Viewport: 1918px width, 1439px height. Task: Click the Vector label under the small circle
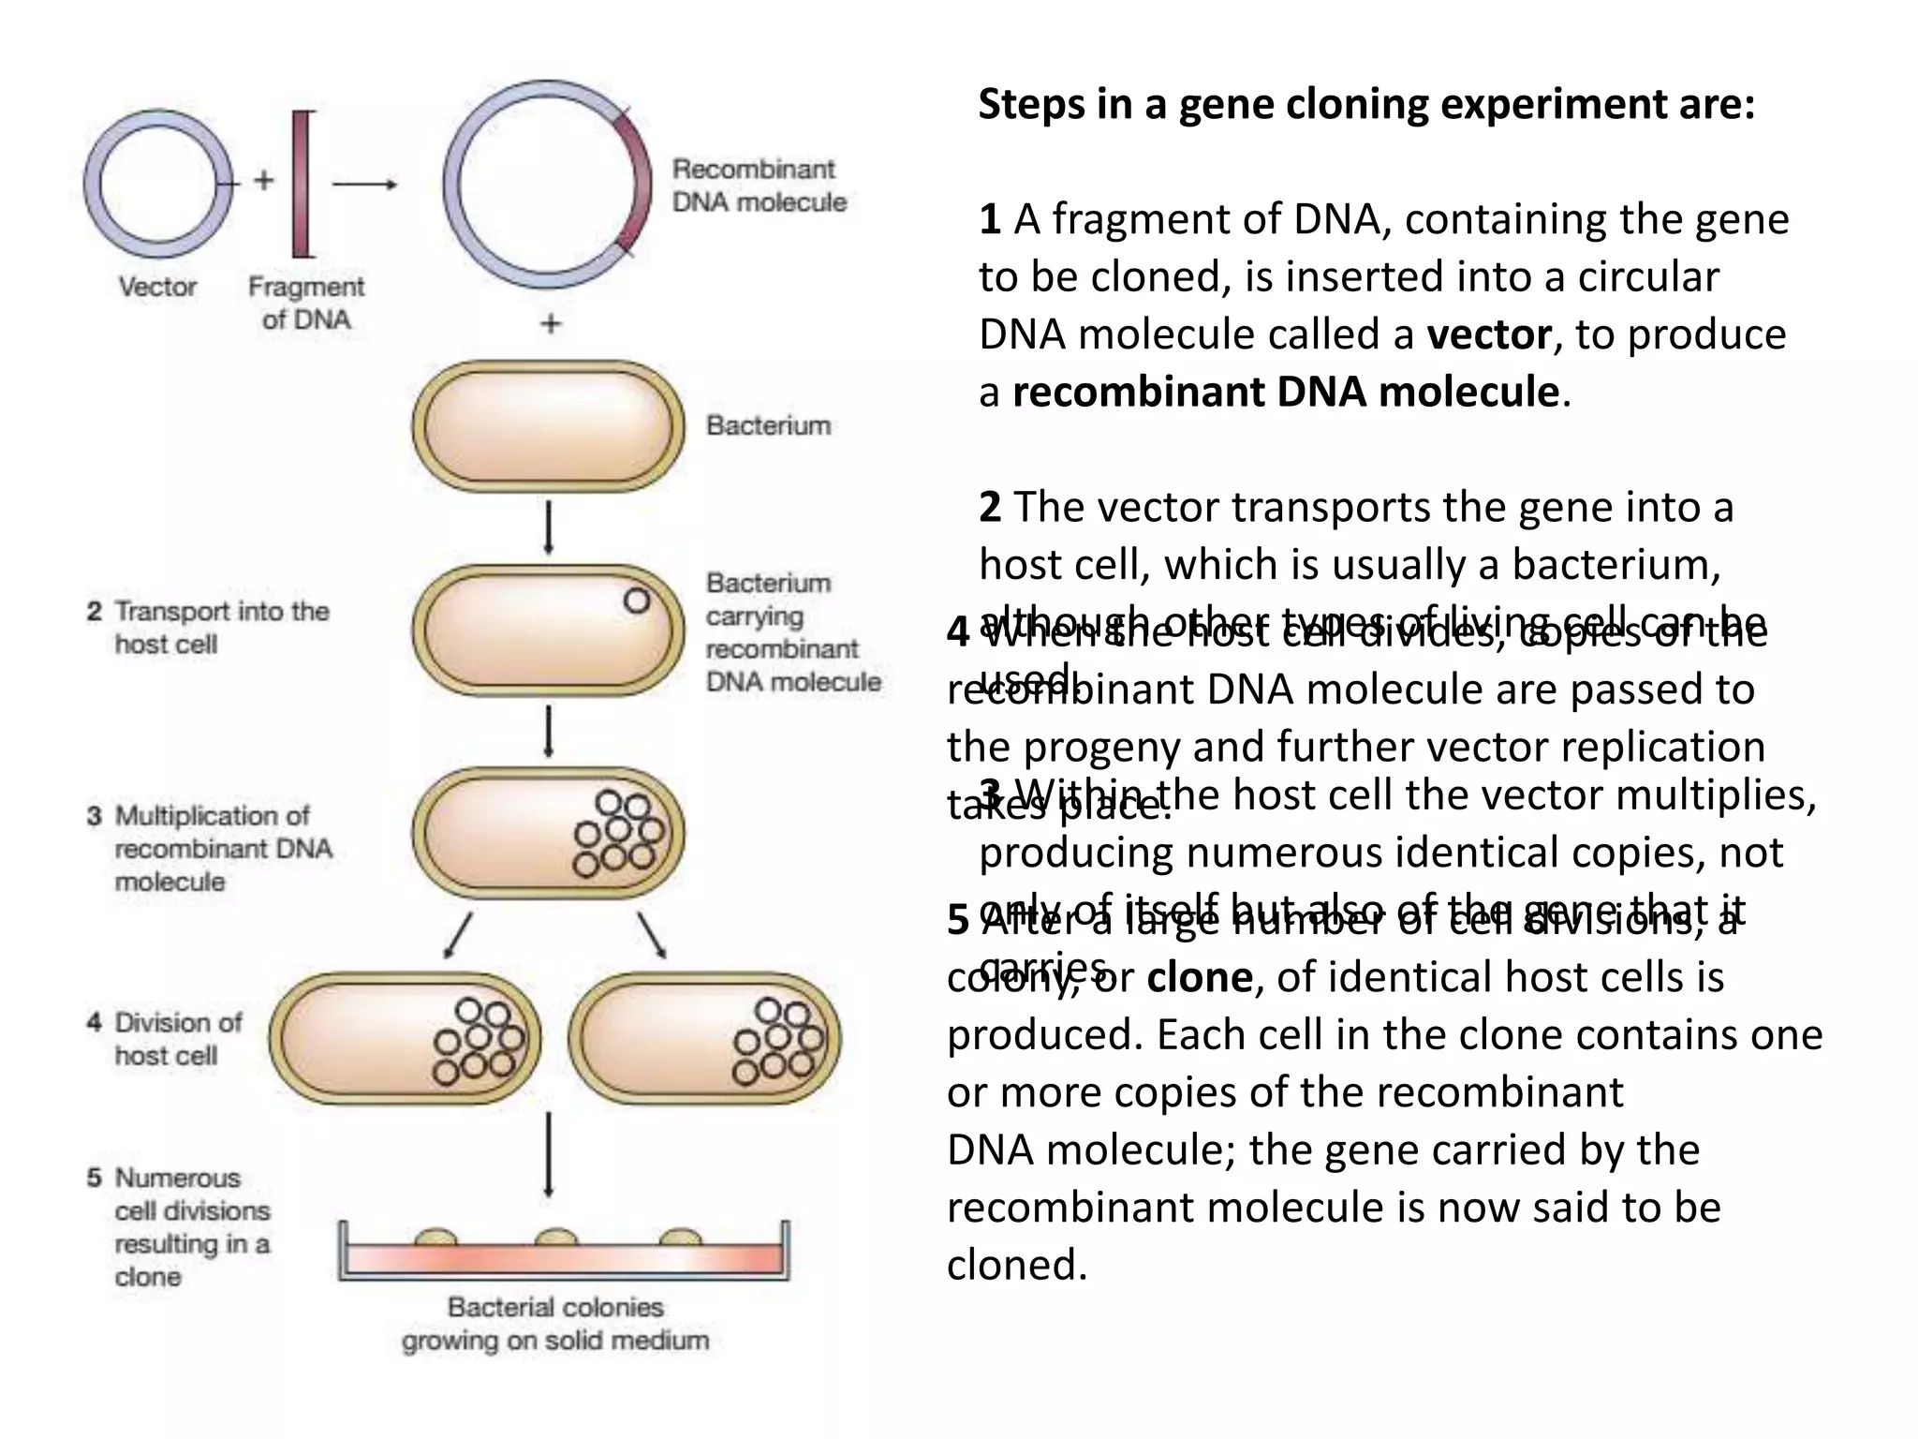[157, 286]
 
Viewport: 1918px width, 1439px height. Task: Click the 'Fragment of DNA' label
[306, 303]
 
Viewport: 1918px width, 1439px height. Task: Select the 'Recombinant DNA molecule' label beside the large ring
[759, 185]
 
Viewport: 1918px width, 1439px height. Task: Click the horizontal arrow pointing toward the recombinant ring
[365, 185]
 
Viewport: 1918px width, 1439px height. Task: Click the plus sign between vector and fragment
[264, 180]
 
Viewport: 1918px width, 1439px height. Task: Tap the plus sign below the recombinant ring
[551, 324]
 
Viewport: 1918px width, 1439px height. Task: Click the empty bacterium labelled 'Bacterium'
[549, 426]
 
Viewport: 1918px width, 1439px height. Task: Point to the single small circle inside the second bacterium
[637, 601]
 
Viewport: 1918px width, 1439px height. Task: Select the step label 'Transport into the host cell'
[208, 628]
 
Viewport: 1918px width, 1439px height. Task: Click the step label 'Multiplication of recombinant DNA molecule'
[210, 848]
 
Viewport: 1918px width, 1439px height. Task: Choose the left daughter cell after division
[406, 1038]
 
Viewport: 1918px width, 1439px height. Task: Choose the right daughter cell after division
[704, 1038]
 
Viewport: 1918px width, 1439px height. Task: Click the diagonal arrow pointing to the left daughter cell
[457, 935]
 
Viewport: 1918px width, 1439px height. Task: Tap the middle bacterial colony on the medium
[557, 1238]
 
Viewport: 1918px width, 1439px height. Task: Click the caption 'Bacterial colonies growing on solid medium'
[555, 1323]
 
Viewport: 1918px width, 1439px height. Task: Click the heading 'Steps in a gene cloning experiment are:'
[1366, 104]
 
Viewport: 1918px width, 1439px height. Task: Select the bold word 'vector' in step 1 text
[1489, 334]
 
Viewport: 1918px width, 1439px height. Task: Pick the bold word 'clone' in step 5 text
[1200, 977]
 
